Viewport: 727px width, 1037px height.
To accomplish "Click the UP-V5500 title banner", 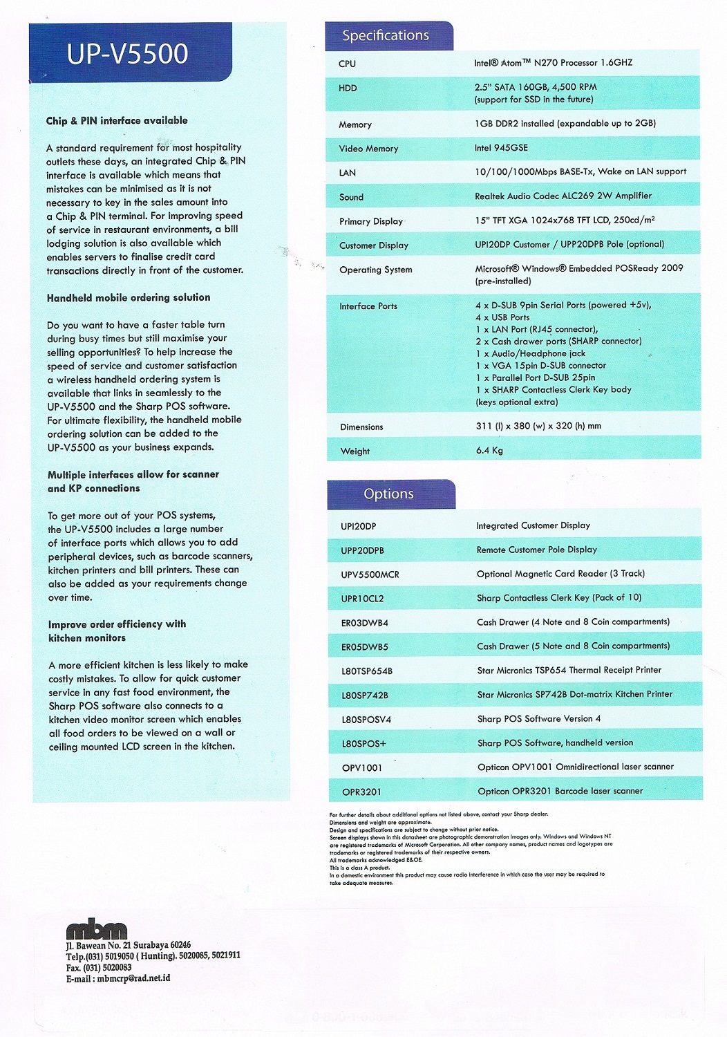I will point(128,53).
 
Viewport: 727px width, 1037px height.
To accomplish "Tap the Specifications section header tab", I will point(386,35).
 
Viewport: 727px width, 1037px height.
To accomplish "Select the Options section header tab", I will point(388,494).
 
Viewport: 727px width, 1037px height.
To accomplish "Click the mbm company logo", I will point(97,930).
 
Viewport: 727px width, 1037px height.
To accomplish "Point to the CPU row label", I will point(347,64).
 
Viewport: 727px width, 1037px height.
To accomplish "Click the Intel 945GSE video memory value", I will point(501,147).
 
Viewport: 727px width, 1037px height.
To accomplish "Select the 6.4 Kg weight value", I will point(489,450).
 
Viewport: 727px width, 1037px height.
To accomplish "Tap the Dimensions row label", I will point(361,427).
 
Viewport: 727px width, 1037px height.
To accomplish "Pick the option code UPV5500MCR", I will point(370,574).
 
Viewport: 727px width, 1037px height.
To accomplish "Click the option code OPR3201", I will point(361,792).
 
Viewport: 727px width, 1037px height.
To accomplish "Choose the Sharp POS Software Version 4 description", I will point(539,718).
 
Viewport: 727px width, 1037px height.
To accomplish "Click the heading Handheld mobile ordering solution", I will point(129,297).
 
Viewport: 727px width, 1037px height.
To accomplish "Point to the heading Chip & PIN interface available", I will point(117,120).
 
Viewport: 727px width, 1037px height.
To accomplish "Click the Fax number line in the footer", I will point(98,968).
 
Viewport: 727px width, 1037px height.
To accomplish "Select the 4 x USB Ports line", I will point(502,317).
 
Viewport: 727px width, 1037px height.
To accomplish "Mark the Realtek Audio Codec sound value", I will point(563,196).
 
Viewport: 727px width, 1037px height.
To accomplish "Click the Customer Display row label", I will point(374,245).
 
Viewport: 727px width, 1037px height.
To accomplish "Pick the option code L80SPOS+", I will point(364,743).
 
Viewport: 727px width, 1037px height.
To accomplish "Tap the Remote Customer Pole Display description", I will point(537,550).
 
